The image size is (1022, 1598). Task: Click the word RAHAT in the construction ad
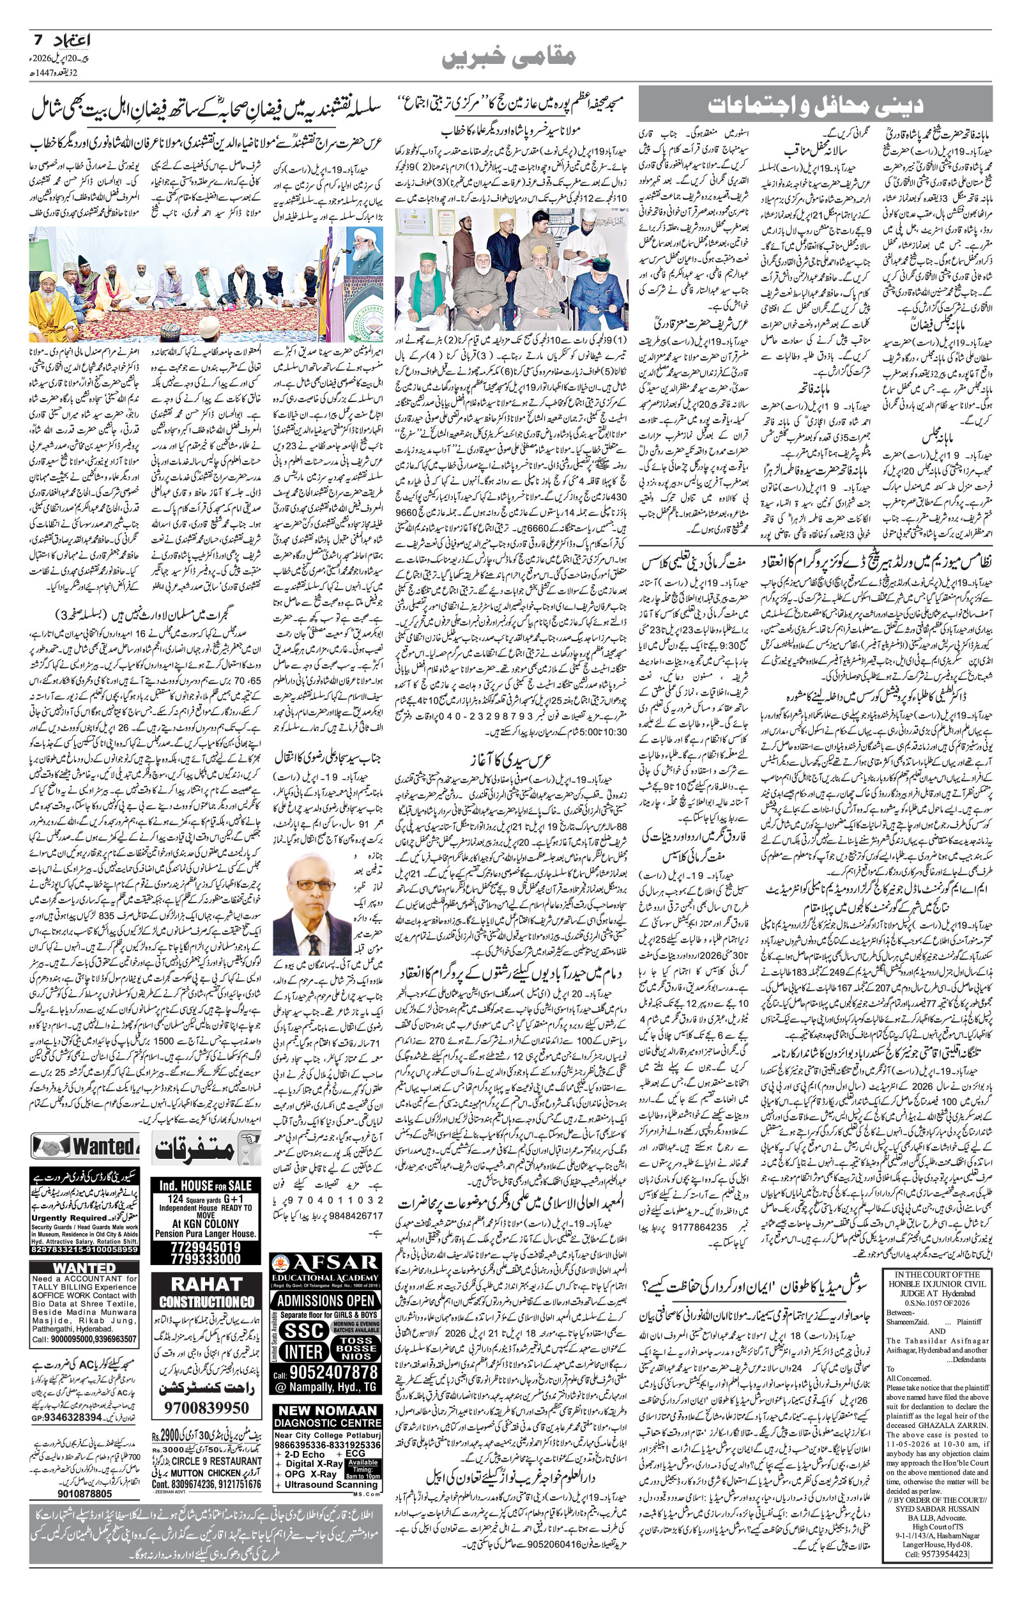(206, 1284)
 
